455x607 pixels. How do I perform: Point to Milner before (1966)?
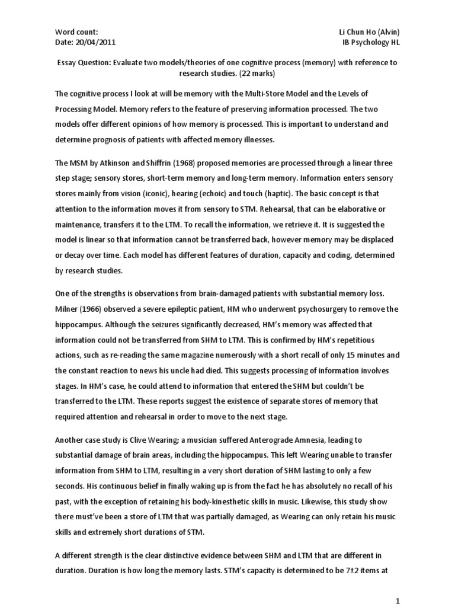pyautogui.click(x=68, y=309)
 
